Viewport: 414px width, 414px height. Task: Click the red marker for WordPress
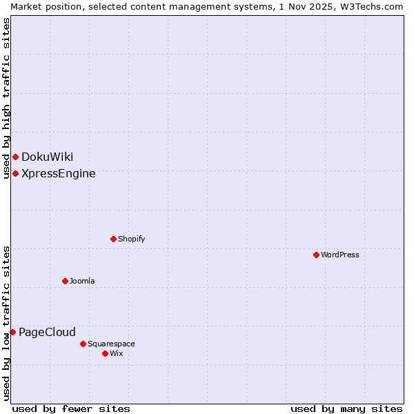click(x=316, y=255)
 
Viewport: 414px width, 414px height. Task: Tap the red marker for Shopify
click(x=113, y=239)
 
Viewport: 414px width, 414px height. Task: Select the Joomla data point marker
click(x=65, y=281)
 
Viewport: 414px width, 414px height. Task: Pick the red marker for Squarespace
click(x=83, y=344)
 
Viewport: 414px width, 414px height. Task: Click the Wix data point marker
click(x=105, y=353)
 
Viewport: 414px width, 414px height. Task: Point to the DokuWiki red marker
click(x=15, y=157)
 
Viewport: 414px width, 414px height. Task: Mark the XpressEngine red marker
click(x=15, y=173)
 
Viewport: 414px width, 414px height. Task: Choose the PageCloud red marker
click(x=12, y=332)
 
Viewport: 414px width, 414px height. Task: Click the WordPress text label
click(x=340, y=255)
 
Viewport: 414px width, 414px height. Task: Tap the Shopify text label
click(x=131, y=239)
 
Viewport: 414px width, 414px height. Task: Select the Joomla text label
click(x=82, y=281)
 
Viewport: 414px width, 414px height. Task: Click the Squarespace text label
click(x=111, y=344)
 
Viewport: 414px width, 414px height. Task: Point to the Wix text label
click(x=116, y=353)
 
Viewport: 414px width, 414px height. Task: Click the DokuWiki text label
click(x=47, y=157)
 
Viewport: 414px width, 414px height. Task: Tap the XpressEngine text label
click(x=59, y=173)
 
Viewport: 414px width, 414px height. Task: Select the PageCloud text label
click(x=47, y=332)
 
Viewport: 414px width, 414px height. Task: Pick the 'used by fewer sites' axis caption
click(x=71, y=408)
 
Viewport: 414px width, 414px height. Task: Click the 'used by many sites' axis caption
click(x=346, y=408)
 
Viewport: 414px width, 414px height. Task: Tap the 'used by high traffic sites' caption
click(x=6, y=98)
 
